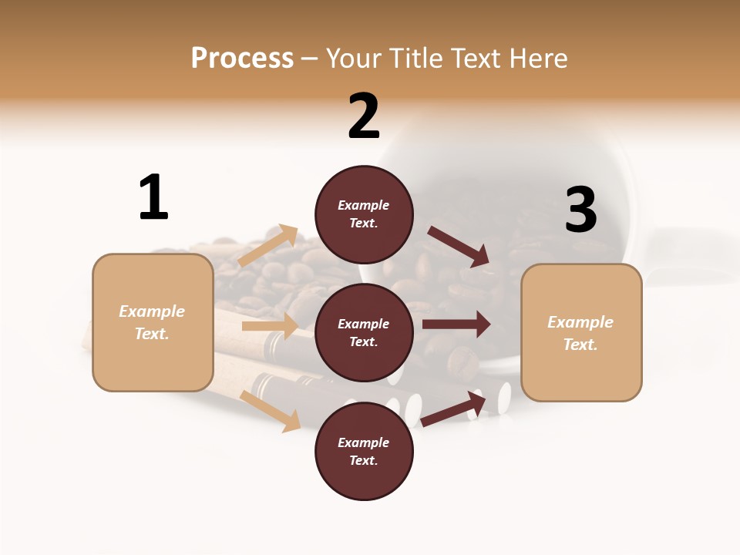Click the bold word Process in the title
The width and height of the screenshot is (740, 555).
tap(242, 58)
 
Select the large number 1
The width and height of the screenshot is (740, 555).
tap(153, 197)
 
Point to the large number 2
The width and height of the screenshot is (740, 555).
tap(364, 116)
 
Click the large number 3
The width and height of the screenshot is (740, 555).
tap(580, 210)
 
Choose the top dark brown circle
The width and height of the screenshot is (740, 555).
tap(364, 214)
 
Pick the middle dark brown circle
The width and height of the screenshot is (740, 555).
tap(364, 332)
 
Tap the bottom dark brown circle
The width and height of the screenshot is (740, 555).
tap(364, 451)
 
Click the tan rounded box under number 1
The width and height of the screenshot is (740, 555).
tap(153, 322)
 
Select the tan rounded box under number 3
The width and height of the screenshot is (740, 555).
tap(581, 333)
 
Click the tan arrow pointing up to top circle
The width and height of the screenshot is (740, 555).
tap(268, 245)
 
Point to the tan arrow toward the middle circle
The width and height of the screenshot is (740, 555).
tap(270, 326)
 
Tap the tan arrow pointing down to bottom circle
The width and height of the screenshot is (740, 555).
tap(271, 410)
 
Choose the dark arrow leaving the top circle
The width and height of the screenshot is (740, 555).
tap(459, 246)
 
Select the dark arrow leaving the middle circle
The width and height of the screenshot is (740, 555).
tap(456, 325)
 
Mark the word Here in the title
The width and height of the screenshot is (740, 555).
tap(536, 58)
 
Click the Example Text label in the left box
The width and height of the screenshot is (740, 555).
tap(152, 322)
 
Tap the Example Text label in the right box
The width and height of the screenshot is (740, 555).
tap(580, 333)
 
